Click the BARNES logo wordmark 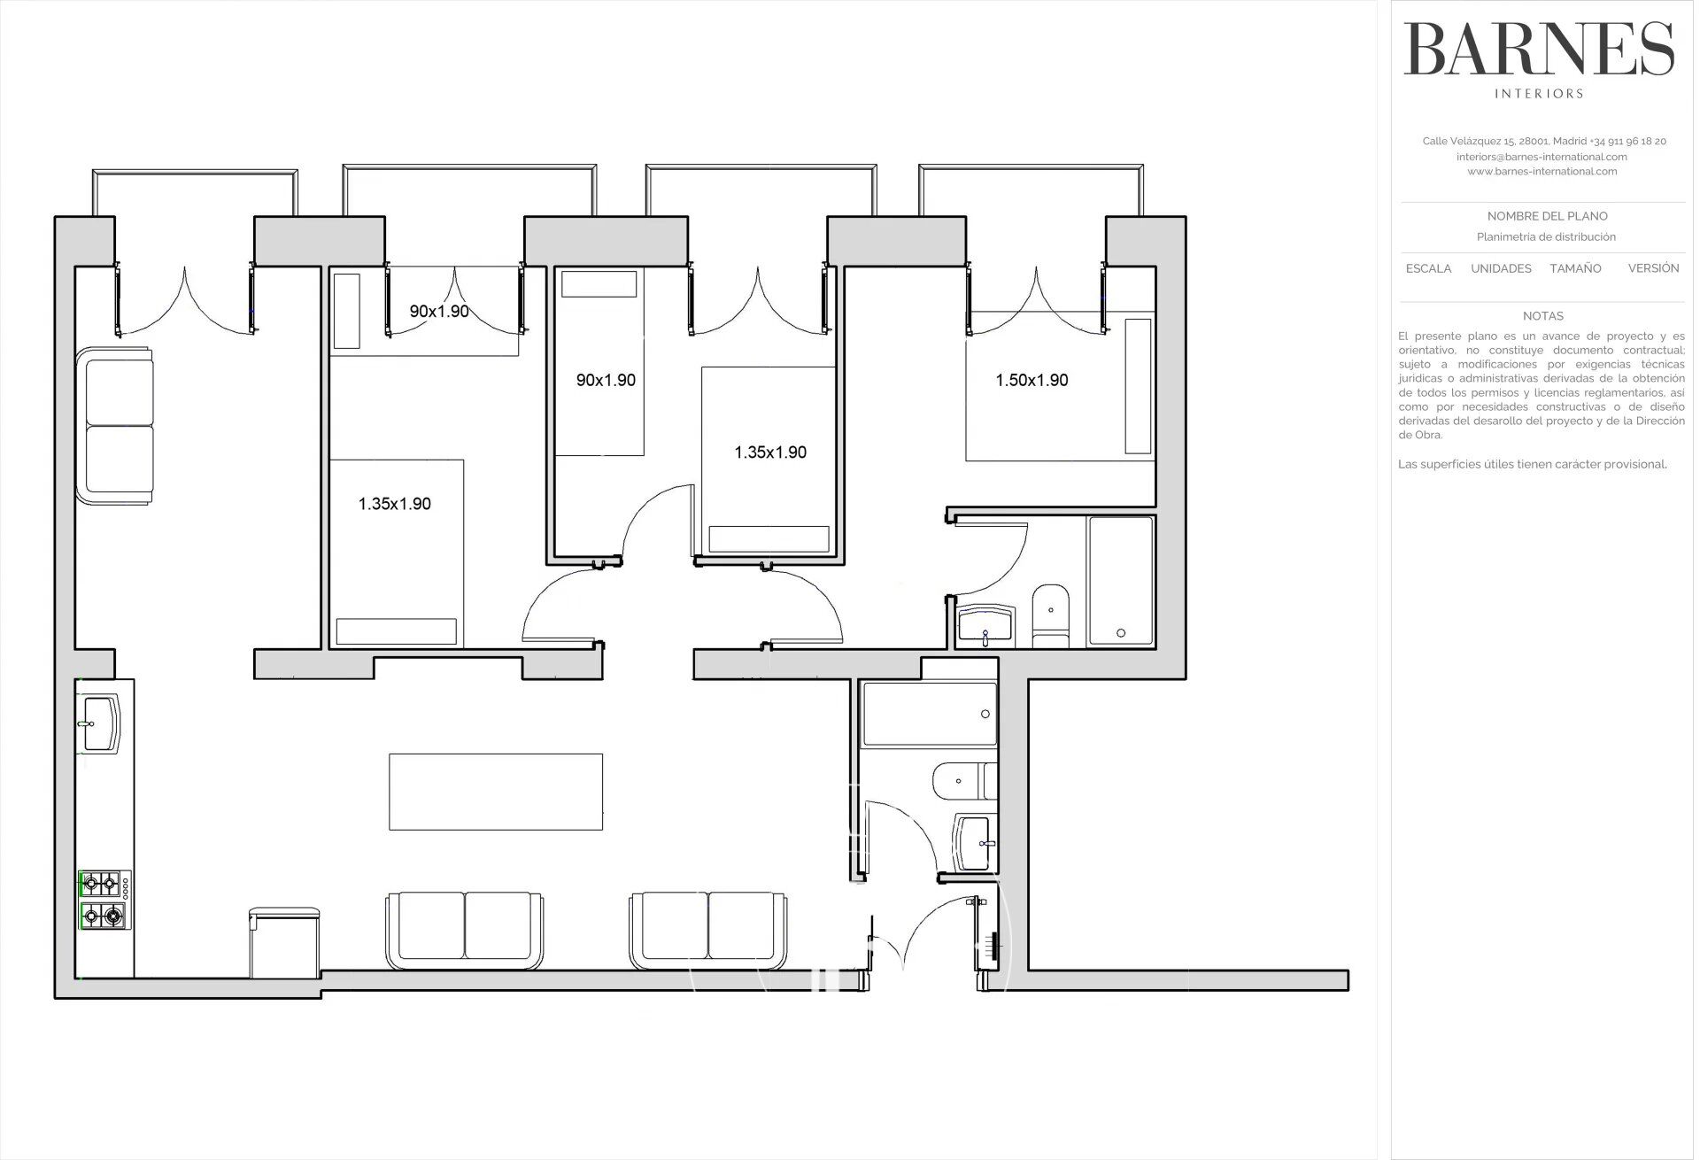1539,50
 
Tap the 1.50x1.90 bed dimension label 1032,380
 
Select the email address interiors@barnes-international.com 1542,157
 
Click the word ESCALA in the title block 1428,268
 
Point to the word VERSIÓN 1653,267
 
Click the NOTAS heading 1542,316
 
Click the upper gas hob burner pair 101,882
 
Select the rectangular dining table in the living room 496,792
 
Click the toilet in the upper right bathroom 1050,612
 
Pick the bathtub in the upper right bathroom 1121,581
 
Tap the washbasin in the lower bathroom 975,844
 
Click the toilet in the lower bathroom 964,779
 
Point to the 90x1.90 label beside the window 439,312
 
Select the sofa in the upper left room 115,427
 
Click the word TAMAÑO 1575,268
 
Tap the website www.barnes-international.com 1542,172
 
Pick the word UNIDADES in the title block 1501,268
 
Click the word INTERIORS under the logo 1539,93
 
